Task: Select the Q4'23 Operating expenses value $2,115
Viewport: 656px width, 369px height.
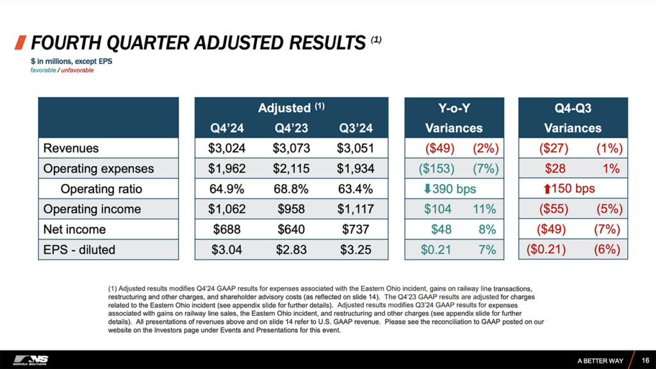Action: (x=291, y=168)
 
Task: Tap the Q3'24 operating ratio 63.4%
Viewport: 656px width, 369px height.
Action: (x=354, y=189)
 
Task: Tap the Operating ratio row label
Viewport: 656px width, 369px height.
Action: (x=101, y=189)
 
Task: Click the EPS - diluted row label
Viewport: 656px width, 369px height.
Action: (x=79, y=249)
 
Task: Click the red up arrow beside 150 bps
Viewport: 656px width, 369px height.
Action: (x=546, y=189)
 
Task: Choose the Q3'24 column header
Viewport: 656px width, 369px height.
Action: (x=354, y=128)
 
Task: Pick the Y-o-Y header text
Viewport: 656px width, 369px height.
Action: (x=454, y=107)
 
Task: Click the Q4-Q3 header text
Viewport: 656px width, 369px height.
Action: (x=573, y=107)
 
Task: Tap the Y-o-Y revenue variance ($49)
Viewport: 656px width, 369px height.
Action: (x=439, y=149)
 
